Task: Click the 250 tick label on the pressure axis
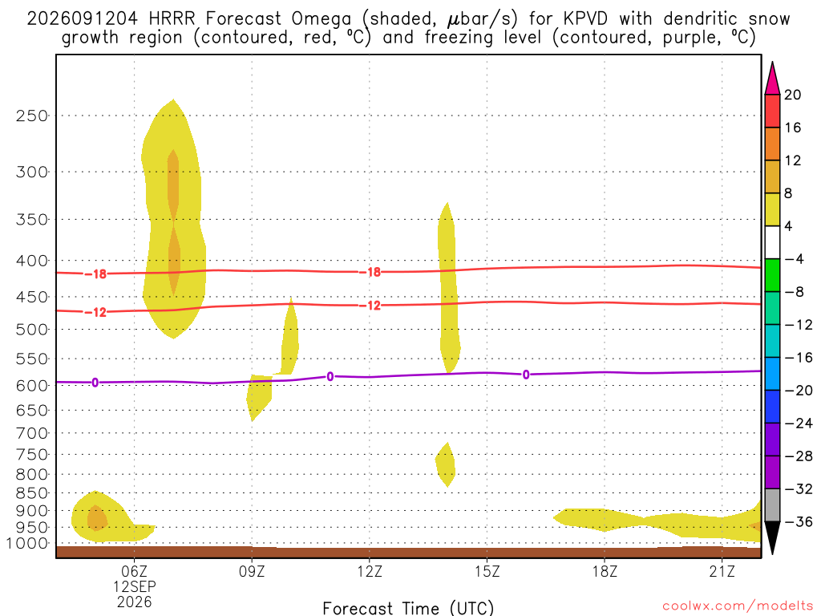coord(31,115)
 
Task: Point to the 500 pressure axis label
coord(31,330)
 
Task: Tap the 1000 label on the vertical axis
coord(27,544)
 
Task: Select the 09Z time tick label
coord(252,571)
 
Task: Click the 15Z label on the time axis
coord(487,571)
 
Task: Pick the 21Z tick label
coord(722,571)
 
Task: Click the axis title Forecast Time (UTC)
coord(408,608)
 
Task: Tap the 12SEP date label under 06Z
coord(135,586)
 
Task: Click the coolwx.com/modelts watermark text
coord(738,606)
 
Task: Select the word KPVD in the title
coord(585,19)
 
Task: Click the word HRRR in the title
coord(172,19)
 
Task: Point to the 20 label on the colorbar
coord(793,95)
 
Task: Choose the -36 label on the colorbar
coord(799,521)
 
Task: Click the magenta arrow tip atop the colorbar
coord(772,63)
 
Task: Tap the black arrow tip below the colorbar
coord(772,553)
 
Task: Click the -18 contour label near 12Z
coord(370,273)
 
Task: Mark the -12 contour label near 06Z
coord(95,313)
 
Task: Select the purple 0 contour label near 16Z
coord(526,375)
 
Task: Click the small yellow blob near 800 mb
coord(446,465)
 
